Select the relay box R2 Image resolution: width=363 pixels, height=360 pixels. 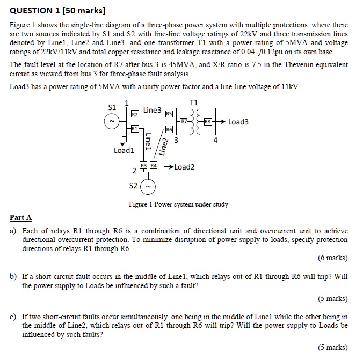pyautogui.click(x=135, y=114)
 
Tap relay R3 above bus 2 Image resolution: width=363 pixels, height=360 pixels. pyautogui.click(x=143, y=166)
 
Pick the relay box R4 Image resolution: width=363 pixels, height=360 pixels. pyautogui.click(x=153, y=166)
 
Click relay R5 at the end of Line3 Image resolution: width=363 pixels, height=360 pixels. pyautogui.click(x=169, y=114)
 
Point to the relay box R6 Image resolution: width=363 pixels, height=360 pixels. pyautogui.click(x=169, y=130)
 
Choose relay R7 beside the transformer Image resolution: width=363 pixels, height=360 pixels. pyautogui.click(x=184, y=122)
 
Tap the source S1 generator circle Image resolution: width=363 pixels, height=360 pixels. pyautogui.click(x=112, y=122)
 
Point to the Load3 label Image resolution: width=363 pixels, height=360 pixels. pyautogui.click(x=238, y=122)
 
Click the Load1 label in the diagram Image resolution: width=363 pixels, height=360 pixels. pyautogui.click(x=124, y=150)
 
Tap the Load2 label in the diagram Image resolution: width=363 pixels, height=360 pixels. pyautogui.click(x=184, y=167)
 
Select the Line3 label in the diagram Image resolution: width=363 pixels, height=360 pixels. pyautogui.click(x=152, y=109)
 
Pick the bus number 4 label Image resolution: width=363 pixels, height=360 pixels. pyautogui.click(x=215, y=141)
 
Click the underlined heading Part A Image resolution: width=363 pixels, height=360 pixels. pyautogui.click(x=21, y=217)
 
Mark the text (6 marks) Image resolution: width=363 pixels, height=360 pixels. pyautogui.click(x=332, y=258)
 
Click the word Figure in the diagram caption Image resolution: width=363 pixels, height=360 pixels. pyautogui.click(x=139, y=204)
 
